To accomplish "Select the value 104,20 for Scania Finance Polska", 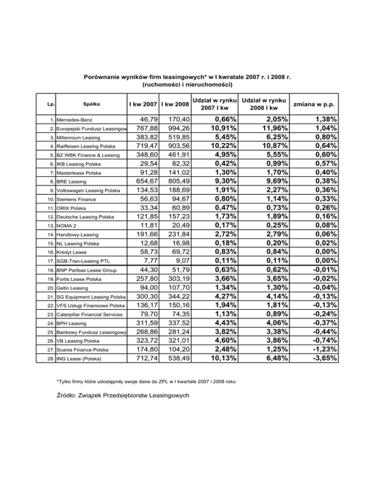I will tap(176, 349).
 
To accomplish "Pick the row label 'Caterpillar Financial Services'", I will tap(92, 314).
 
